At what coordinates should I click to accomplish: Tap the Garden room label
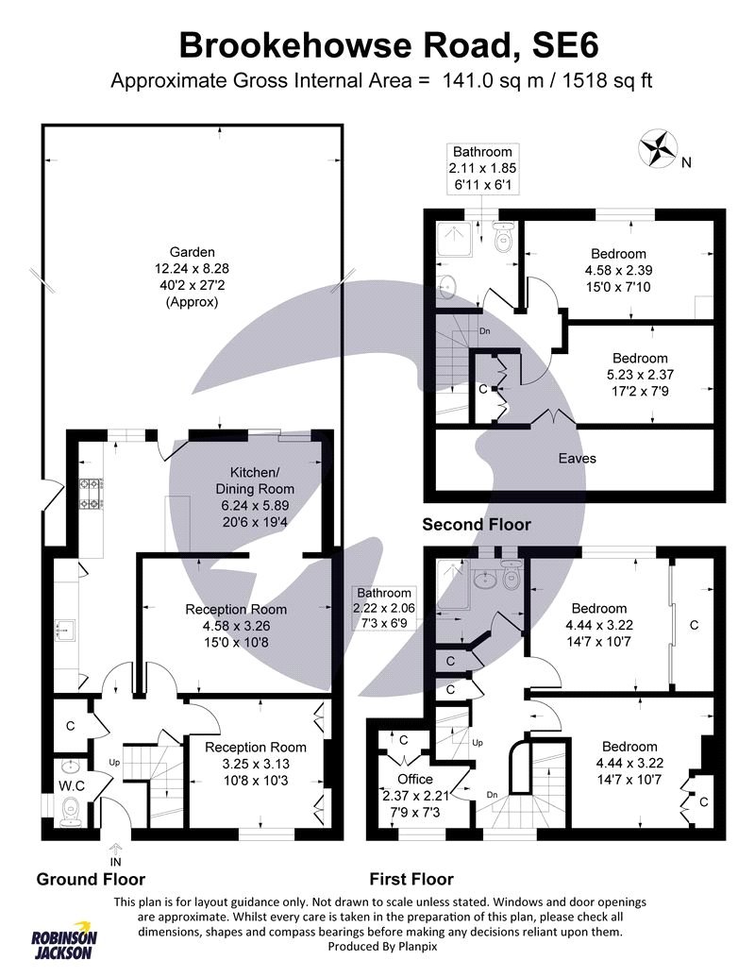(x=193, y=252)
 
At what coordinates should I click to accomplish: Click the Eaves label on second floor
(x=576, y=458)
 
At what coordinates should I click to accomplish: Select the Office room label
(x=414, y=779)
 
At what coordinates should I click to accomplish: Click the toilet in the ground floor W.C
(x=71, y=810)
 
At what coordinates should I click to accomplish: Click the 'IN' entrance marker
(x=115, y=861)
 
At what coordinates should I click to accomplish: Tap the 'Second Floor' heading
(x=476, y=524)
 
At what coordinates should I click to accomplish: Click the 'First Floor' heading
(x=411, y=879)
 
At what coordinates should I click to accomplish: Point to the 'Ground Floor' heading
(x=91, y=879)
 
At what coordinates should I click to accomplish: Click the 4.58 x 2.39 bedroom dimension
(x=618, y=270)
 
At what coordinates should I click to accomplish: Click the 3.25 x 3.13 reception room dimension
(x=256, y=764)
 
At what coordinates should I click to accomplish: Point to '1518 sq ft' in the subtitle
(x=598, y=80)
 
